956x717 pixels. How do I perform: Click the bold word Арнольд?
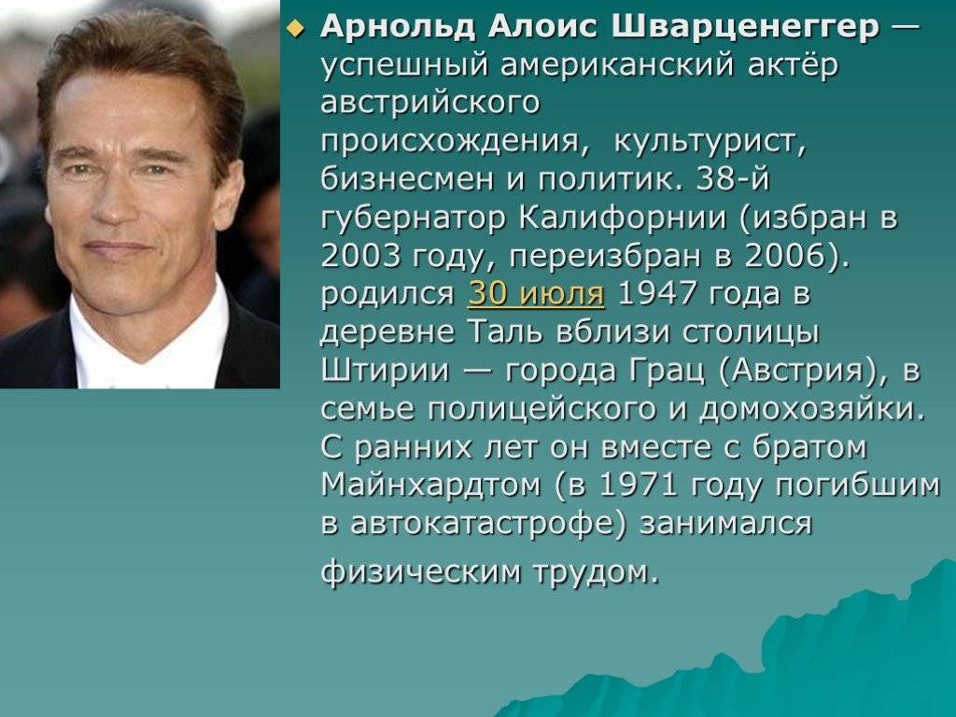tap(397, 27)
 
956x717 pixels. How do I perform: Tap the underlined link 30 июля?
tap(536, 293)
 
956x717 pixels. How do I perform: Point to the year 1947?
tap(656, 293)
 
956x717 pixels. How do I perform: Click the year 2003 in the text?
tap(360, 256)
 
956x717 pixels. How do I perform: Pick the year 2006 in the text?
tap(785, 256)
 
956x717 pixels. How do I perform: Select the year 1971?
tap(639, 485)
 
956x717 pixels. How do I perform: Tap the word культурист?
tap(710, 142)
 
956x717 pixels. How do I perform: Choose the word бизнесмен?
tap(407, 179)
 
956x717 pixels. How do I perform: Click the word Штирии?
tap(386, 370)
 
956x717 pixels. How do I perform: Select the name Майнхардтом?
tap(431, 485)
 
